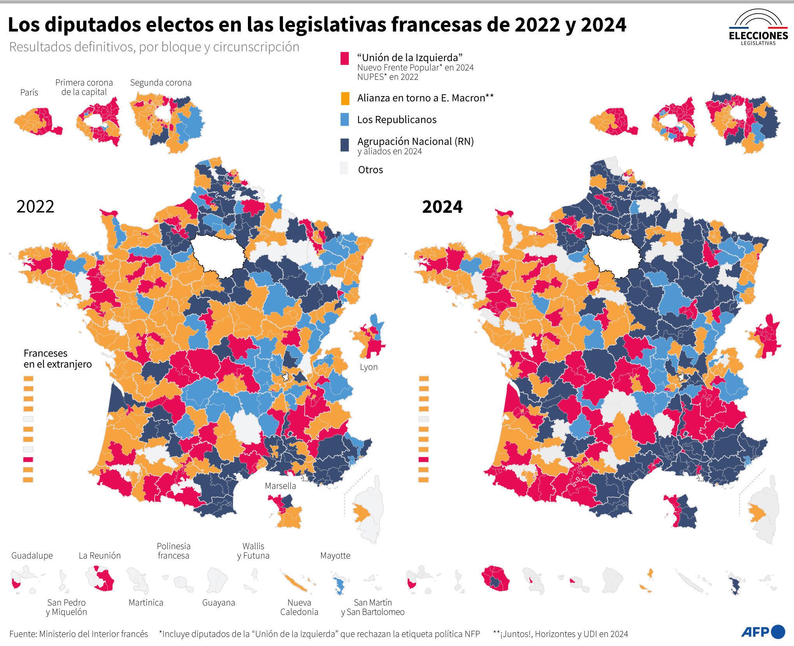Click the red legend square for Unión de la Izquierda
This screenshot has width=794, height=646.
click(344, 58)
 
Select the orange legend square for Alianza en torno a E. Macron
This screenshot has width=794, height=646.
click(344, 98)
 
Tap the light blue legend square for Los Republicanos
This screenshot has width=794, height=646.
click(344, 119)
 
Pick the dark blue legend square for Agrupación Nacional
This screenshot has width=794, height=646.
click(344, 144)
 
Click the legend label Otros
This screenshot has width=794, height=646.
click(370, 170)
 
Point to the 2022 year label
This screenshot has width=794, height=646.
click(35, 206)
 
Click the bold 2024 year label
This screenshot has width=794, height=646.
click(442, 207)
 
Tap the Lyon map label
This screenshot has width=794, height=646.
click(369, 367)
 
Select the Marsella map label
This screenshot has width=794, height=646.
click(280, 486)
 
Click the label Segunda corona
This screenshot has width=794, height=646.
click(161, 83)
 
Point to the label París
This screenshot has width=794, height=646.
click(29, 92)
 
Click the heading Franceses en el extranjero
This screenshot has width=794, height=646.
click(58, 358)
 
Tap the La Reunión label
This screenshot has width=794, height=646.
click(100, 555)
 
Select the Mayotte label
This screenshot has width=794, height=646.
click(335, 555)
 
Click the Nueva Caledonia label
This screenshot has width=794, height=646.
click(299, 607)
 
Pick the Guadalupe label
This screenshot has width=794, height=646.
click(32, 555)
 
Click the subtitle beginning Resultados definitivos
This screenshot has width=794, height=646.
click(154, 47)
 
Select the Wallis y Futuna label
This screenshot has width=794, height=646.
click(253, 551)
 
